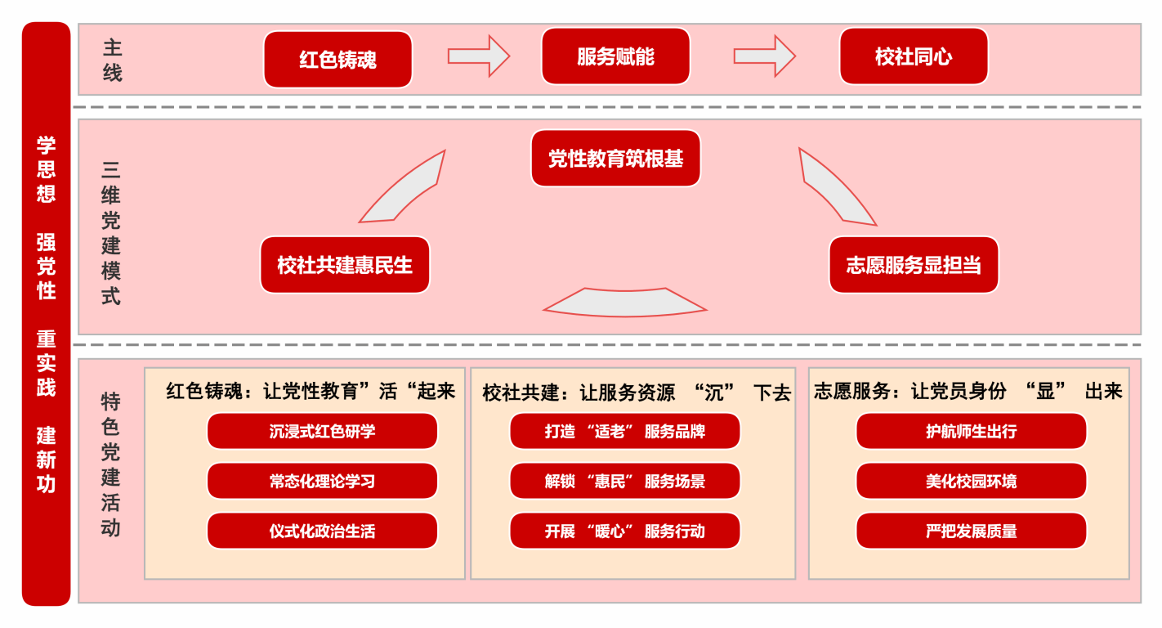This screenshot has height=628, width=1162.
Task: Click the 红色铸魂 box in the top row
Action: click(337, 59)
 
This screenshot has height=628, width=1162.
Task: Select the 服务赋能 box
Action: click(615, 56)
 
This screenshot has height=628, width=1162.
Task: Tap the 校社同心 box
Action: click(914, 56)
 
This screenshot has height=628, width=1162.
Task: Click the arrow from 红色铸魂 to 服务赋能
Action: click(478, 56)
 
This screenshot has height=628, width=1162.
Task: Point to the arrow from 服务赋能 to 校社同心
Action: click(764, 56)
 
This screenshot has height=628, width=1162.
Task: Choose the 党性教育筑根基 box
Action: click(615, 159)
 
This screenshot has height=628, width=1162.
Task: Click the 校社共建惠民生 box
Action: click(345, 265)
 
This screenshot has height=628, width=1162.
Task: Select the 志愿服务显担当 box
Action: click(914, 265)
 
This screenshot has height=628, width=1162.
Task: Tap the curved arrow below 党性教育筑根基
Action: click(624, 302)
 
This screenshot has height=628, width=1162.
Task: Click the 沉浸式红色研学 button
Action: click(322, 431)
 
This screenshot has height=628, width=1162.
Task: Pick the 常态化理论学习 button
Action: click(322, 481)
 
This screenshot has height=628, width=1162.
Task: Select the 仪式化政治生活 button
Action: click(322, 531)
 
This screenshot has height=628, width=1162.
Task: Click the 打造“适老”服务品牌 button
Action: click(624, 431)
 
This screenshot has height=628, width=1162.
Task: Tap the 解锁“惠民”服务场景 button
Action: click(624, 481)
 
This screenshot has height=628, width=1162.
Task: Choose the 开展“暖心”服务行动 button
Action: click(624, 531)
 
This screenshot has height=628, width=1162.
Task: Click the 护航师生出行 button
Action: click(971, 431)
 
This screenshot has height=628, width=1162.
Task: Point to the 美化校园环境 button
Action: click(971, 481)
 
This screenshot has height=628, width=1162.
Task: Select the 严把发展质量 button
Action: click(971, 531)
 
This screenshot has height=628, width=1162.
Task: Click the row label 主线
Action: click(112, 60)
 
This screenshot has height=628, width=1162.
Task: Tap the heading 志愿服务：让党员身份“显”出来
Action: click(968, 392)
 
